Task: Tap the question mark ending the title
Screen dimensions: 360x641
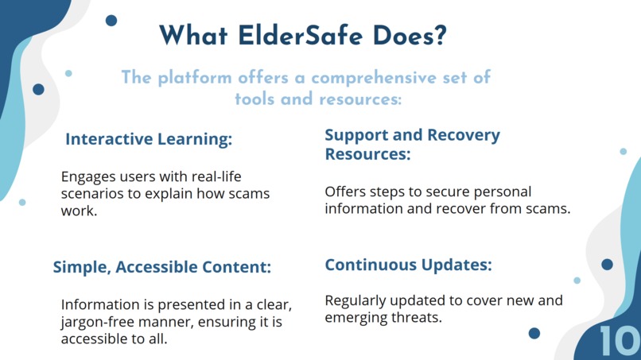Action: point(439,36)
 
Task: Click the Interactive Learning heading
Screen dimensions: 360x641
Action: point(149,139)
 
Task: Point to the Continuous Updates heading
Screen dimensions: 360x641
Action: point(408,265)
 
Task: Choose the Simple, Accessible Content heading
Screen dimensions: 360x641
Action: point(162,267)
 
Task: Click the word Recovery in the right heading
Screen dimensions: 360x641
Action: point(464,135)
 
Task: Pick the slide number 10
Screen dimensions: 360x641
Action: point(619,341)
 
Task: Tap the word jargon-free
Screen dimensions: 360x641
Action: point(96,322)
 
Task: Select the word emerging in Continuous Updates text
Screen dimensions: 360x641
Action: point(359,318)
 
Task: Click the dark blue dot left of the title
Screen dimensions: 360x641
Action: point(111,21)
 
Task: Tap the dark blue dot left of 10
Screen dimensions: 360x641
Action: point(534,333)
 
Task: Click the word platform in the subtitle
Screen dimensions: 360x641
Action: point(195,78)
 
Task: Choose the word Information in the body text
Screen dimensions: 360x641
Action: point(99,305)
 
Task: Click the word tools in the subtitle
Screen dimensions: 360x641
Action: point(254,99)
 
